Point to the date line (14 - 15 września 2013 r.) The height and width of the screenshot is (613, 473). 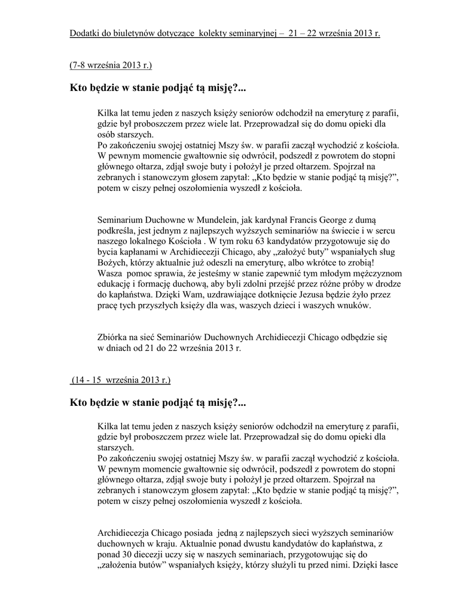(121, 380)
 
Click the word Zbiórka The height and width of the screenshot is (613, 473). (114, 338)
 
